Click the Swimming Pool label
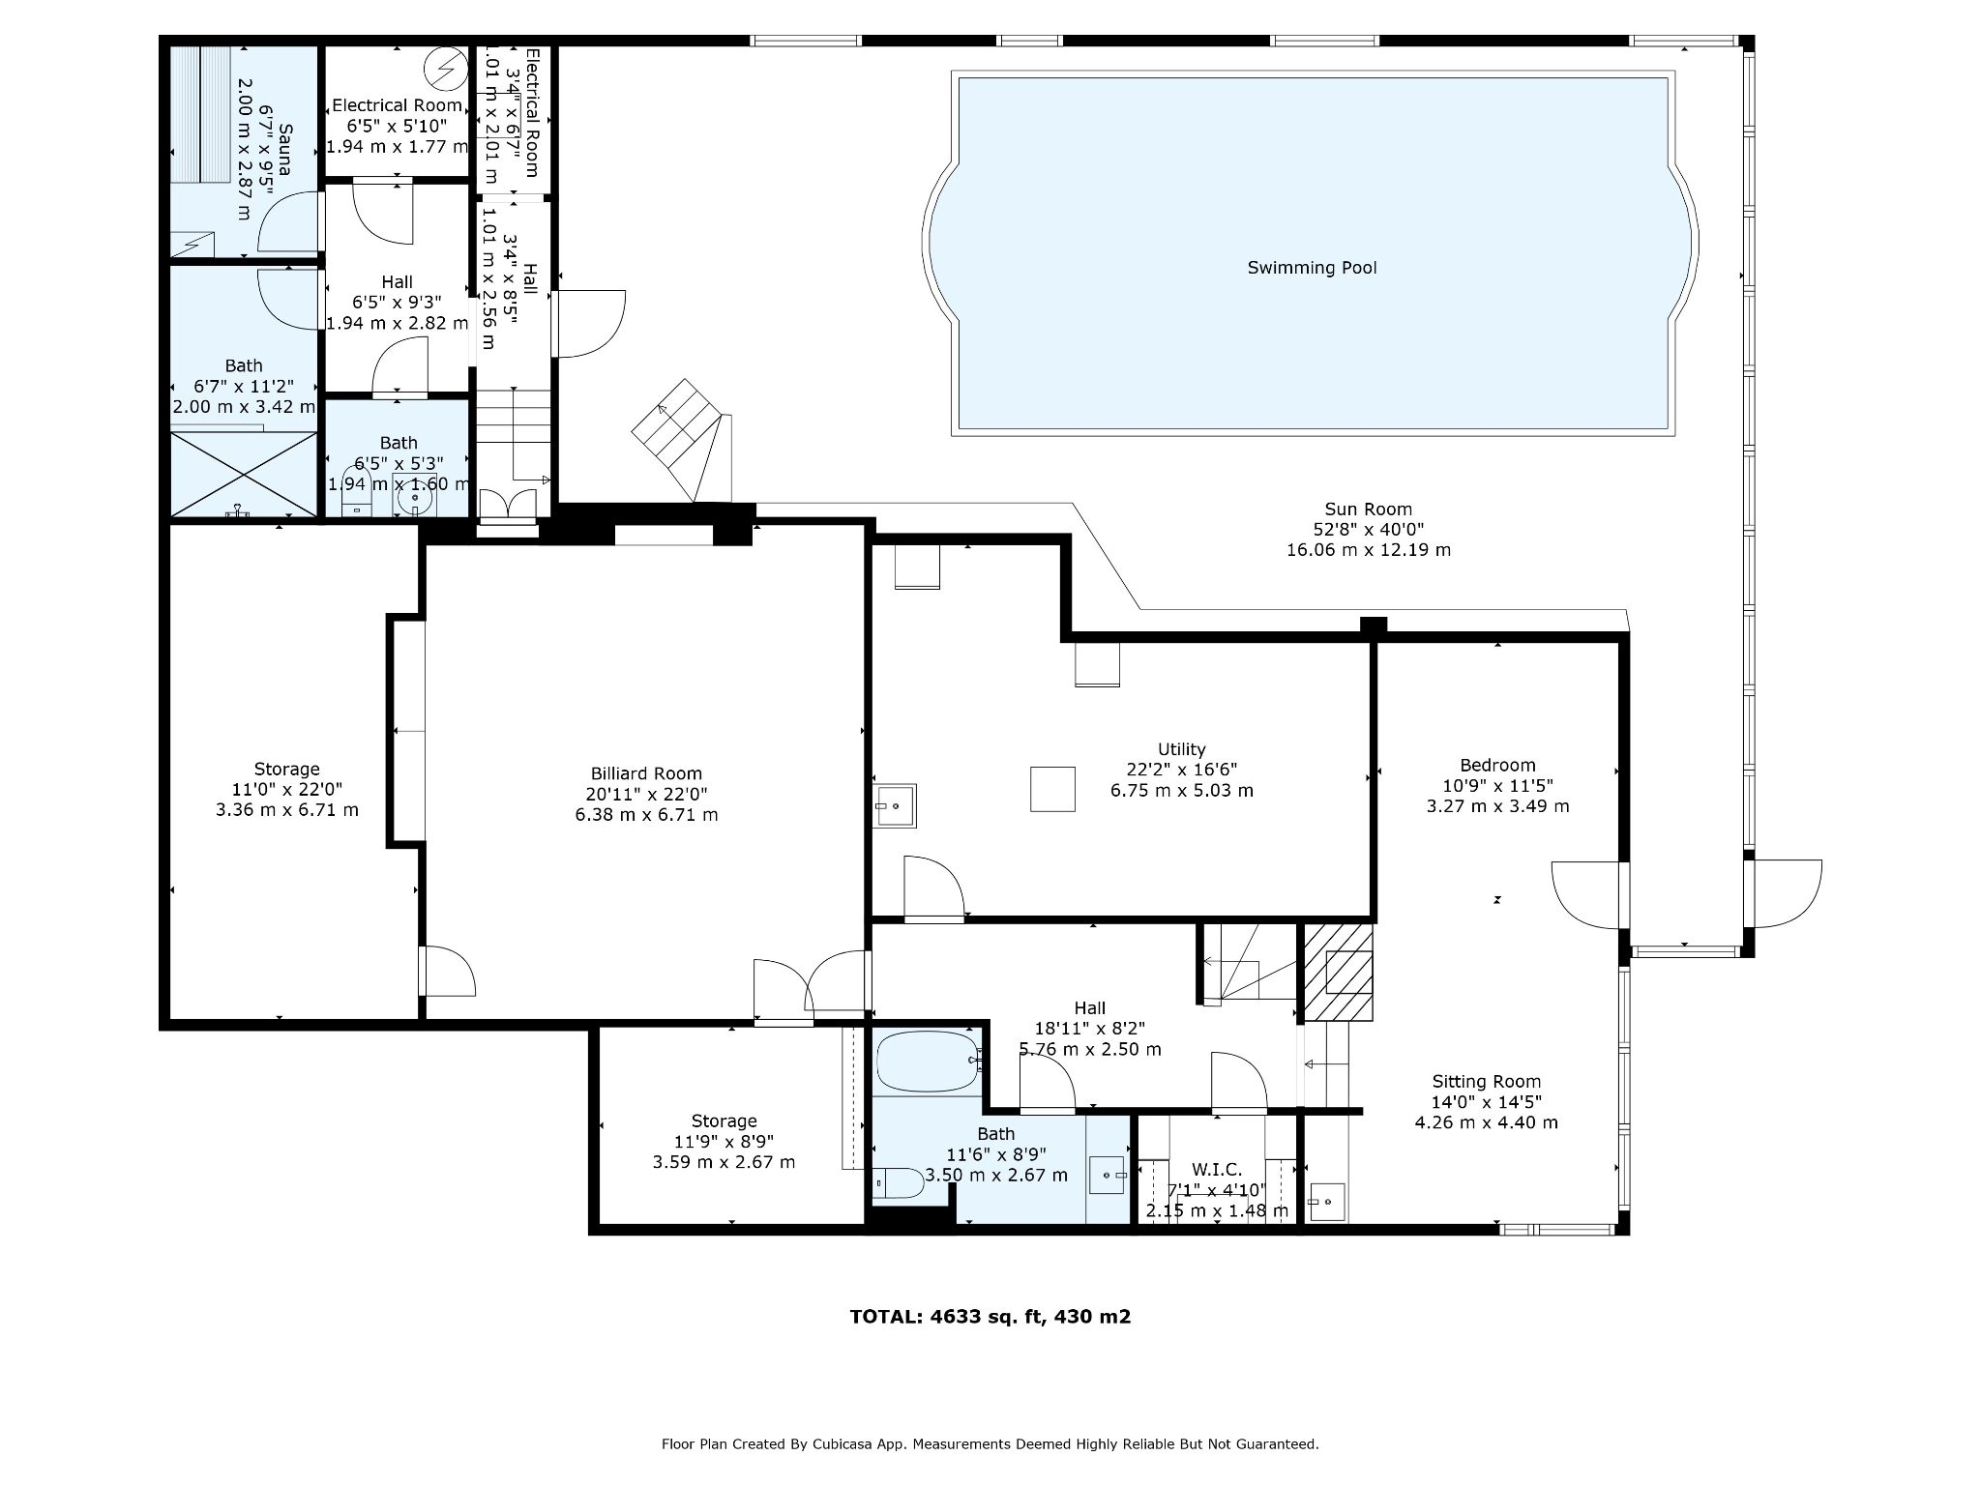(x=1312, y=268)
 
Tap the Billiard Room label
(x=646, y=773)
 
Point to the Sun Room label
(x=1368, y=510)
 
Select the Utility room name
(x=1181, y=749)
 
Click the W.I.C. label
(x=1217, y=1170)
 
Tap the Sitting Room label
(x=1486, y=1082)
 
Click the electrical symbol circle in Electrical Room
(x=447, y=69)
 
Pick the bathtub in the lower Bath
(x=927, y=1062)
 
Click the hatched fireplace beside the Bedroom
(x=1339, y=972)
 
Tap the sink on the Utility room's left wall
(x=894, y=805)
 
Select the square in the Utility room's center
(x=1052, y=789)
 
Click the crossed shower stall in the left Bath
(x=244, y=475)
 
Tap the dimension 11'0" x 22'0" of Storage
(x=286, y=789)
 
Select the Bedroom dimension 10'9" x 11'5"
(x=1497, y=786)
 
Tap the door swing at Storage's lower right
(x=448, y=971)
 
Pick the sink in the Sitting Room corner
(x=1327, y=1202)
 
